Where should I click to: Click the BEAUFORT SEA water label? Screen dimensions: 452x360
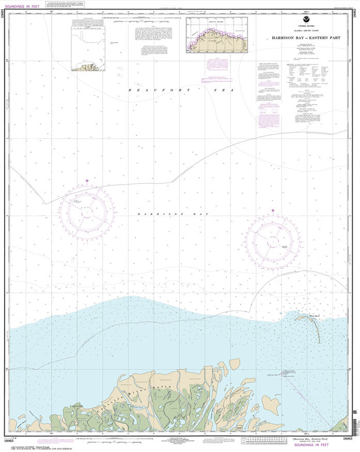[181, 90]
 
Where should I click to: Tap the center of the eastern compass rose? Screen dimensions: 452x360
[273, 241]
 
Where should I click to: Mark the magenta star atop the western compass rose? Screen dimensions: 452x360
[87, 180]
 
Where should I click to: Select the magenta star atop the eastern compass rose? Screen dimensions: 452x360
[273, 210]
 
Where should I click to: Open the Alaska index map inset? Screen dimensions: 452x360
[217, 34]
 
